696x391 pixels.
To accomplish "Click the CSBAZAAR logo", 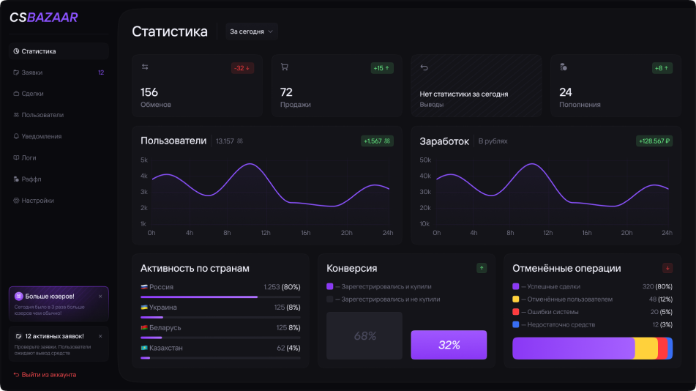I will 43,18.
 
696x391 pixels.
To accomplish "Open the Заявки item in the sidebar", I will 32,72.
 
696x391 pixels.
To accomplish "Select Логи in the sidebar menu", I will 29,157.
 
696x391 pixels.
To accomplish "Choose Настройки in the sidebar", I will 37,200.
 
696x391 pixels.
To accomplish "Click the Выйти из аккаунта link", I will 48,374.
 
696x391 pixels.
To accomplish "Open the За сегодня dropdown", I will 252,31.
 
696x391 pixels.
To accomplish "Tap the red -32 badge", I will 242,68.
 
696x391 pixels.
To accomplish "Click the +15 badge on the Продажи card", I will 382,68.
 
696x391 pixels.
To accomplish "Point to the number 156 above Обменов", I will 149,92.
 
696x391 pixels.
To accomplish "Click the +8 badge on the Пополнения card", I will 662,68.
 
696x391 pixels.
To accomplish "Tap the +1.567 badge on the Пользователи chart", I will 377,141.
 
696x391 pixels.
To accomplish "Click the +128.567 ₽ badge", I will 655,141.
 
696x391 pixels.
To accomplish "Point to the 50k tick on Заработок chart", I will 424,160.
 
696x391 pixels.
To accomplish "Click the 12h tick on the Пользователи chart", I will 265,233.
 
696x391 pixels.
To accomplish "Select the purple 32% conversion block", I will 449,345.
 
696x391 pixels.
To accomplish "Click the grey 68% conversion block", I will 364,336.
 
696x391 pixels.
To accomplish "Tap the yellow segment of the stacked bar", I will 646,349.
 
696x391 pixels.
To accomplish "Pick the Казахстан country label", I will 165,348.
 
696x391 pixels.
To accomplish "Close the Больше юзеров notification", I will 100,296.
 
